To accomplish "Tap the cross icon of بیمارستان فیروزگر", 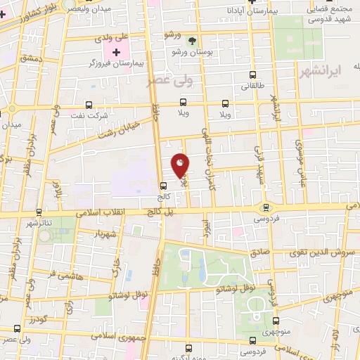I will pyautogui.click(x=116, y=53).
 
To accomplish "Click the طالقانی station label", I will pyautogui.click(x=252, y=86).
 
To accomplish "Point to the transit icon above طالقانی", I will pyautogui.click(x=252, y=75).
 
